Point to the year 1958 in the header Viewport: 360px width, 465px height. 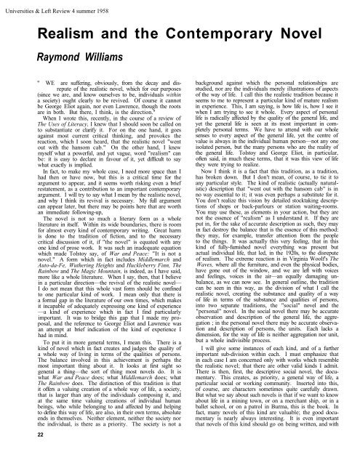click(129, 6)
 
